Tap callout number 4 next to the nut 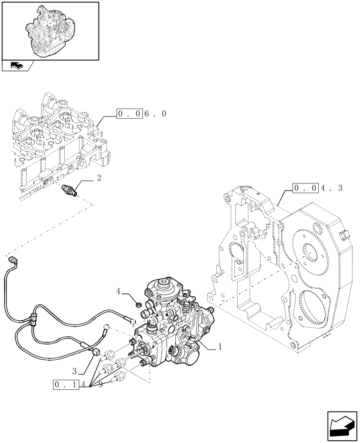click(118, 291)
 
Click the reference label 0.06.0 click(141, 114)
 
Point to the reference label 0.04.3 click(317, 188)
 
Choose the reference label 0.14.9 click(78, 385)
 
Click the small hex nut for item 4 click(137, 304)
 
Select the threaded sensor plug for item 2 click(69, 190)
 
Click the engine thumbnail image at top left click(50, 30)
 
